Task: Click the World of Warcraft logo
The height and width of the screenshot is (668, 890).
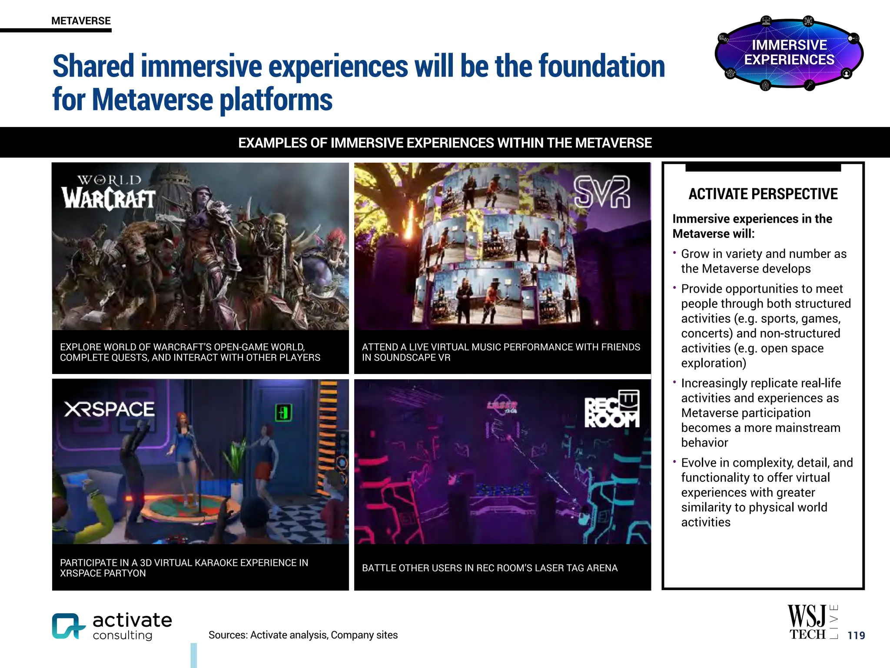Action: point(109,193)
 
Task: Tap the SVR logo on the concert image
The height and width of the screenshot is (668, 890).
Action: point(601,192)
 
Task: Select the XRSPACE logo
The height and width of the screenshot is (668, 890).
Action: point(109,409)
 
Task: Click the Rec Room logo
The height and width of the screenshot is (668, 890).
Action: point(612,409)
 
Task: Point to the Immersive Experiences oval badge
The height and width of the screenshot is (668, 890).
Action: point(789,53)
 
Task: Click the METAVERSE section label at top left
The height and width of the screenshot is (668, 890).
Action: point(81,21)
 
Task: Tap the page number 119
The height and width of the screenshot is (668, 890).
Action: point(856,635)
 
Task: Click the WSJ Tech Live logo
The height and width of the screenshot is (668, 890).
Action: point(812,622)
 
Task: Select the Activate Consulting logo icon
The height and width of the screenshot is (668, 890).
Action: point(68,626)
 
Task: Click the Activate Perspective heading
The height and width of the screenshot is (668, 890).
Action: point(763,194)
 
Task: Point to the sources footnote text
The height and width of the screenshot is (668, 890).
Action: point(303,635)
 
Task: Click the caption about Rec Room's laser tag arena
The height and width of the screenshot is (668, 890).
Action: point(489,568)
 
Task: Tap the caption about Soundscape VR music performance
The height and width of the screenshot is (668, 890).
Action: point(501,352)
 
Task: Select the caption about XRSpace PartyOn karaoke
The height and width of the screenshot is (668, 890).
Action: point(184,568)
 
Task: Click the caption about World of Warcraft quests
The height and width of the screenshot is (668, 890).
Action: point(190,352)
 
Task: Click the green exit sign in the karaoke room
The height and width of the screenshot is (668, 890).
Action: point(283,412)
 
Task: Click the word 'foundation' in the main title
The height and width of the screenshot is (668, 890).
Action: point(601,67)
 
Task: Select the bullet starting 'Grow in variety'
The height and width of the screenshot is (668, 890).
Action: point(763,261)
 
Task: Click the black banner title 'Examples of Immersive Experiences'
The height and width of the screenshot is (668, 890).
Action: point(445,143)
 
